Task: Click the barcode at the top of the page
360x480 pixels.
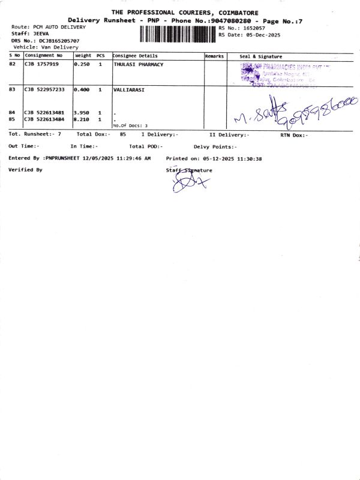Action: (x=178, y=34)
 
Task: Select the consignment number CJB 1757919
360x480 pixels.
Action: (x=41, y=64)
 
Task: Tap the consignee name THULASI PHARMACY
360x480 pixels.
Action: (x=138, y=64)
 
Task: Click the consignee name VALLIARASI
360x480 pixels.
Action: (x=129, y=89)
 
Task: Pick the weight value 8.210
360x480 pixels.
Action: (x=82, y=119)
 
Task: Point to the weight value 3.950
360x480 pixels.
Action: (x=82, y=113)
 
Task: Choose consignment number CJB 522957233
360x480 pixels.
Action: (x=44, y=89)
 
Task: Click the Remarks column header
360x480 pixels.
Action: (x=214, y=56)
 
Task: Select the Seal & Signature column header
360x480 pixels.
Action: (x=260, y=56)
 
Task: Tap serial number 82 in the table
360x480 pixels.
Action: (x=13, y=64)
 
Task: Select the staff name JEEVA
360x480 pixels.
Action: (x=41, y=34)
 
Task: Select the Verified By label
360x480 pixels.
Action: (x=25, y=170)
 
